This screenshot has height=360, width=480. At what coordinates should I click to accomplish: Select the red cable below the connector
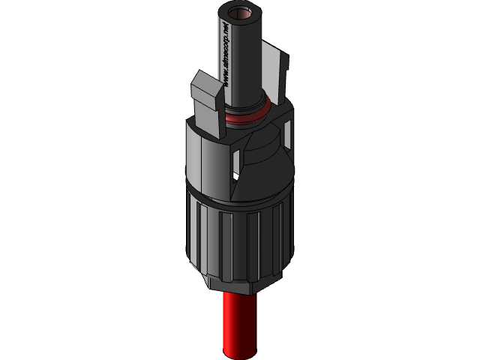[x=240, y=322]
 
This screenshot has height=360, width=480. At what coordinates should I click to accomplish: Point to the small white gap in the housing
[x=235, y=177]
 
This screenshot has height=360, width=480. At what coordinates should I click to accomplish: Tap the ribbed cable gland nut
[x=236, y=240]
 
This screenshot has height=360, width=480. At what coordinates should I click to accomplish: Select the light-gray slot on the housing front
[x=238, y=159]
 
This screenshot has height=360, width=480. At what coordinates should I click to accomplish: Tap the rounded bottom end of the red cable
[x=240, y=353]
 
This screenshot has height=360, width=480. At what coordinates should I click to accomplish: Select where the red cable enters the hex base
[x=240, y=295]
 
